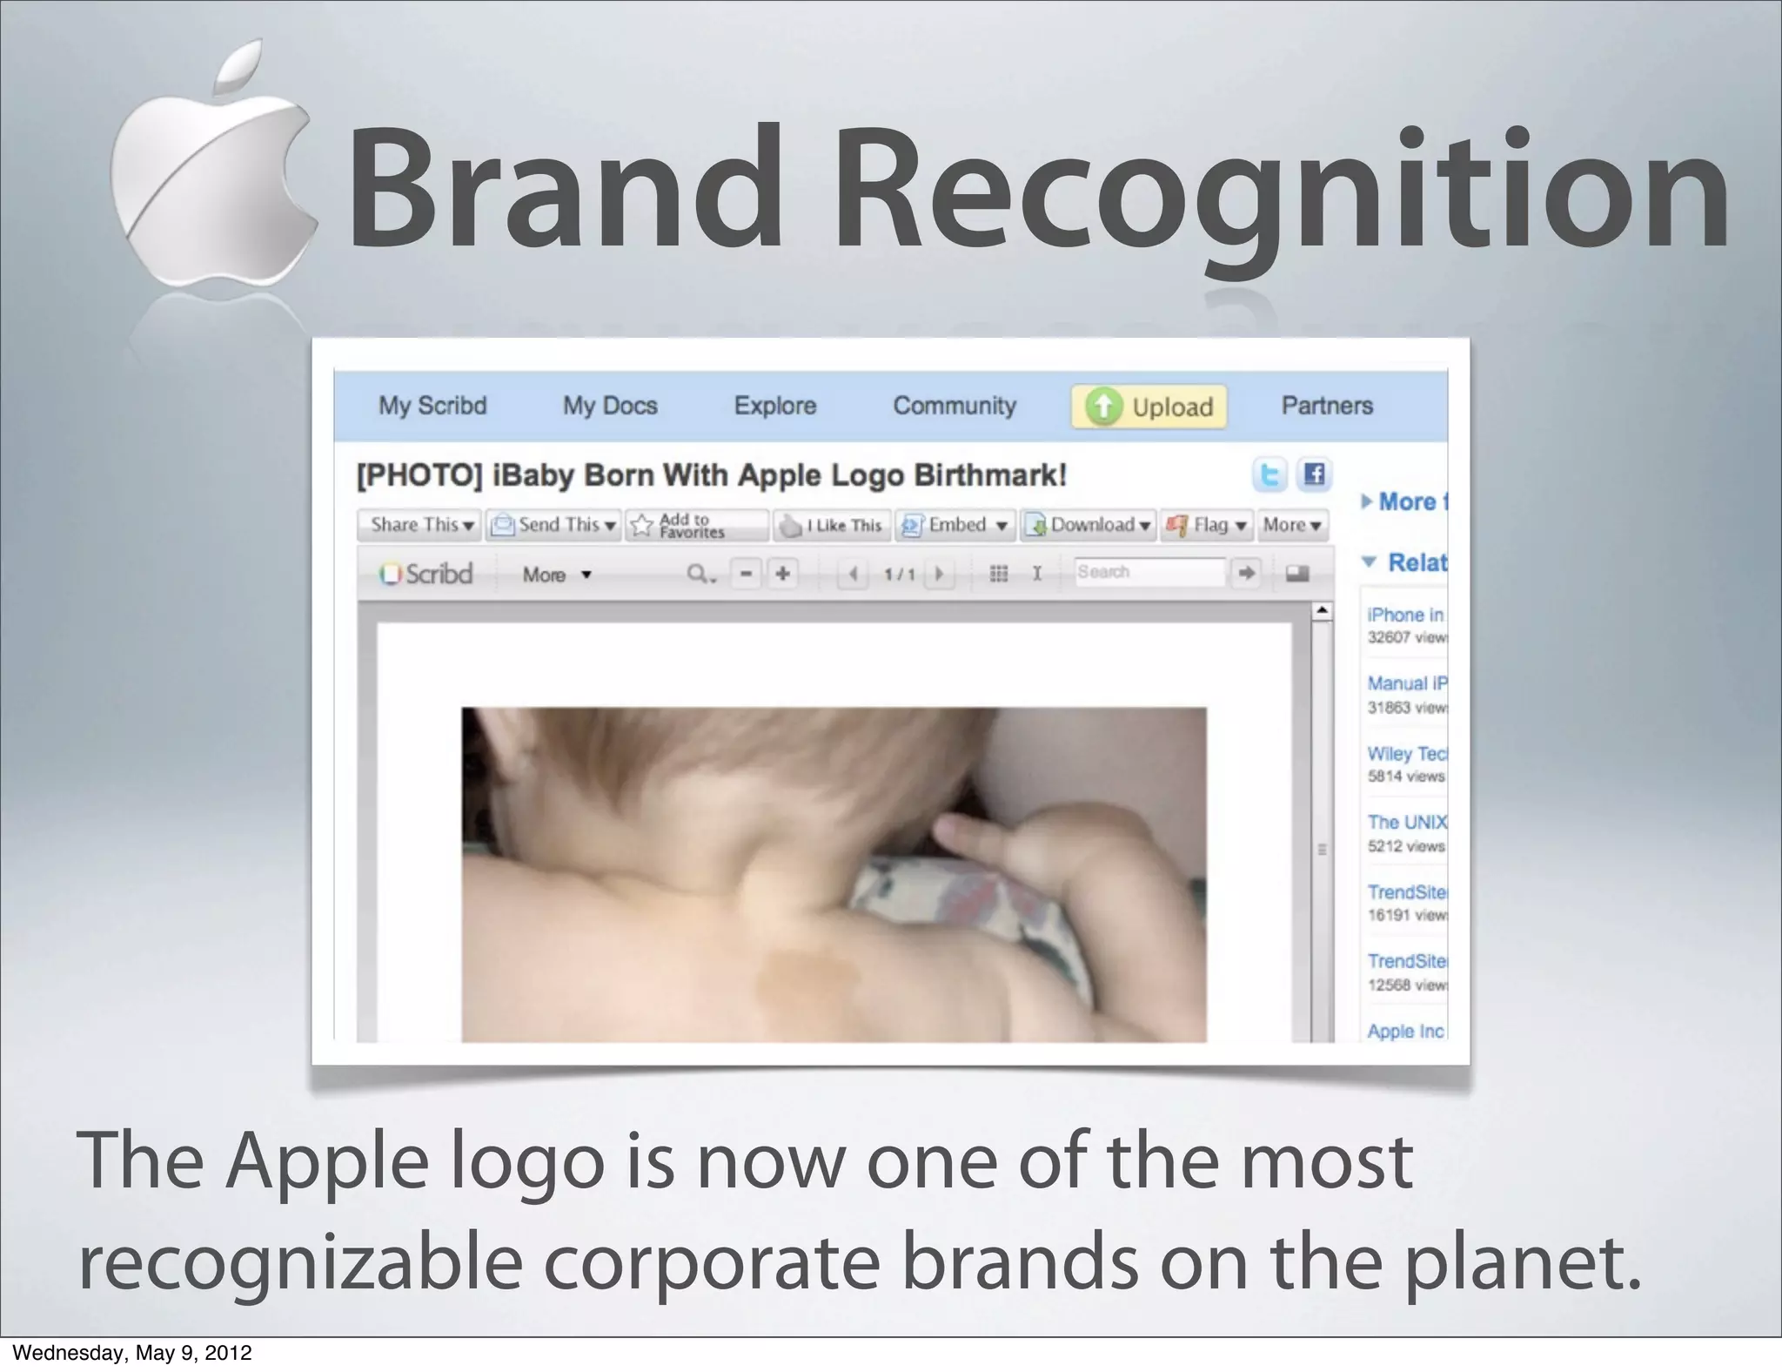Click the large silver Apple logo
213,174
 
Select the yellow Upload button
1149,407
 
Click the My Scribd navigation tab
432,406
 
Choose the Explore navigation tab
774,406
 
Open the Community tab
955,406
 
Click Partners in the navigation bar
1326,406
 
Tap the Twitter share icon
1269,475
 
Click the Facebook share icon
1314,474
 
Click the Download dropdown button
1089,525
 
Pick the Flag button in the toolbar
1207,525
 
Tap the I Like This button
832,525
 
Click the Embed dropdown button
956,525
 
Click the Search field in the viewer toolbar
1149,573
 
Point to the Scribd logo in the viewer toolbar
426,575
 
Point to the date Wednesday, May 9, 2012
132,1353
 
